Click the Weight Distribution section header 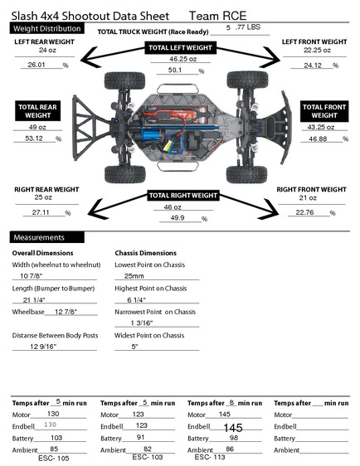(x=47, y=29)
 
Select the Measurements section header (x=47, y=237)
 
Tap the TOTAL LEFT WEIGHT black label (x=181, y=48)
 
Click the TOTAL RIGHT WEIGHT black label (x=183, y=196)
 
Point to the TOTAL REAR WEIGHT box (x=38, y=111)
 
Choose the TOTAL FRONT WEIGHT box (x=324, y=111)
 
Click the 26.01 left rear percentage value (x=36, y=65)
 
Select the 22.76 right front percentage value (x=304, y=212)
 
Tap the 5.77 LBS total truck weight (x=243, y=27)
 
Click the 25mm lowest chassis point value (x=134, y=276)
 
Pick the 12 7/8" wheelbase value (x=66, y=312)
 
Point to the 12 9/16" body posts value (x=43, y=347)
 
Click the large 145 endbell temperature (x=233, y=428)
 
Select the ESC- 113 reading (x=210, y=457)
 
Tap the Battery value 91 (x=141, y=437)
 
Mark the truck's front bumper (x=285, y=128)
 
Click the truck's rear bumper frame (x=90, y=128)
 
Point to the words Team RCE (x=218, y=16)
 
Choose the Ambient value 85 (x=54, y=449)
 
